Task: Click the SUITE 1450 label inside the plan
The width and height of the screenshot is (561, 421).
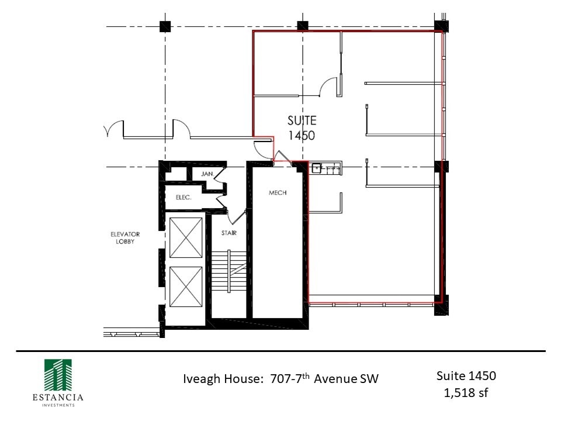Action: coord(302,128)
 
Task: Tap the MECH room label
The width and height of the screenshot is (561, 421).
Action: coord(278,192)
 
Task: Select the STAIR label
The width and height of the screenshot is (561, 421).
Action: coord(229,233)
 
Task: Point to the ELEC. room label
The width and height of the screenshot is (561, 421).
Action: coord(183,197)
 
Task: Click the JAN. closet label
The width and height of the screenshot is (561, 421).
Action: coord(207,174)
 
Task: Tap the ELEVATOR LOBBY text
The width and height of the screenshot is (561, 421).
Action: coord(125,238)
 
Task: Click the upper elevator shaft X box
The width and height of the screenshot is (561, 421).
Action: coord(186,238)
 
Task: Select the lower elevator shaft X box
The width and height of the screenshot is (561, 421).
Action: coord(186,287)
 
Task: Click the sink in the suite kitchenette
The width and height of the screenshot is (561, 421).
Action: coord(316,168)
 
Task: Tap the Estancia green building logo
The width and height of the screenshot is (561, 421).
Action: coord(58,375)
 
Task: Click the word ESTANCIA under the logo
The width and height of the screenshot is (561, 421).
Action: coord(58,398)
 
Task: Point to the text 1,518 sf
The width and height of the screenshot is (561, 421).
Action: coord(466,393)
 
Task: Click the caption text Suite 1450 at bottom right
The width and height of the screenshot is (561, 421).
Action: coord(466,376)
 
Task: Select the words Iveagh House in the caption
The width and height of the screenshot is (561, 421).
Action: coord(223,379)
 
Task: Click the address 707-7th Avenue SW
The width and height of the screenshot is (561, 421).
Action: coord(324,378)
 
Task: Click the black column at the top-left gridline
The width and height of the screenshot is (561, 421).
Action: coord(165,26)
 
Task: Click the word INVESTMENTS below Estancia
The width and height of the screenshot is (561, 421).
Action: coord(58,405)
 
